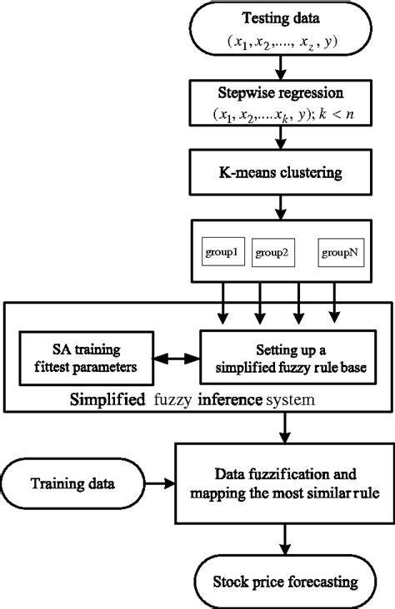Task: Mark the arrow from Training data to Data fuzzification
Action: pyautogui.click(x=159, y=482)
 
